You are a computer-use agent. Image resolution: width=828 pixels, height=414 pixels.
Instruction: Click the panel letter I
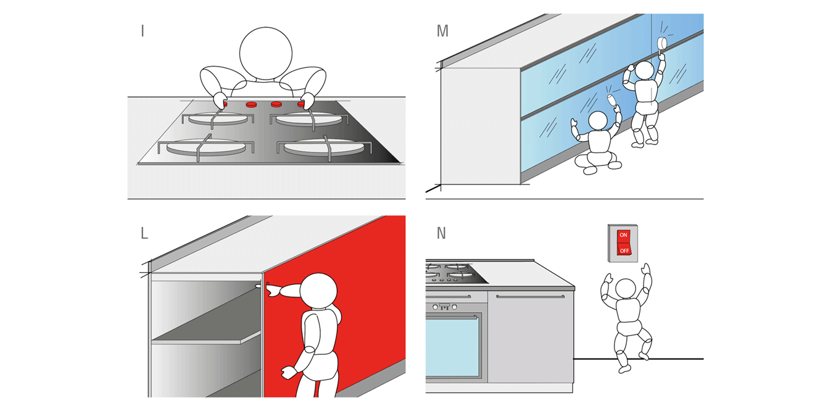point(143,30)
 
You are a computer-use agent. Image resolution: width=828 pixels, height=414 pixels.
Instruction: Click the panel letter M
point(442,31)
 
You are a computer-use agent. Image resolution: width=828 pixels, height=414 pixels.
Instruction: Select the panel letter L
point(144,233)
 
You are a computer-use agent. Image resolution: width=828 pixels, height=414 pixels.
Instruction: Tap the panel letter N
point(441,233)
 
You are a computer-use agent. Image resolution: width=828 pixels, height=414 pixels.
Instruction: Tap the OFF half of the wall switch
point(624,250)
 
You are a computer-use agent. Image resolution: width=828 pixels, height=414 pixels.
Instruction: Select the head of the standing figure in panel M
point(644,71)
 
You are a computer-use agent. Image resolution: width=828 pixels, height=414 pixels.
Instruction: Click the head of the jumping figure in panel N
point(626,289)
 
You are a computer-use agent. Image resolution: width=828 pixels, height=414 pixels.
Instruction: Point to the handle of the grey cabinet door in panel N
point(530,297)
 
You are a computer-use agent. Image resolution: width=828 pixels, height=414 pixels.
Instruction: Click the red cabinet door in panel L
point(370,321)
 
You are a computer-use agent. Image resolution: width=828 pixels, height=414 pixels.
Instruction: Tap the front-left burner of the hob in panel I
point(204,148)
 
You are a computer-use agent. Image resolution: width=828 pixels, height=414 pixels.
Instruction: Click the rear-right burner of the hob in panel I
point(300,119)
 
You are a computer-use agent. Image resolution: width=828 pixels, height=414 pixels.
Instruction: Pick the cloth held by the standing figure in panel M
point(663,43)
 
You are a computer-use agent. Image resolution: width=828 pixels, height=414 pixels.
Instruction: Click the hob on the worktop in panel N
point(455,271)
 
